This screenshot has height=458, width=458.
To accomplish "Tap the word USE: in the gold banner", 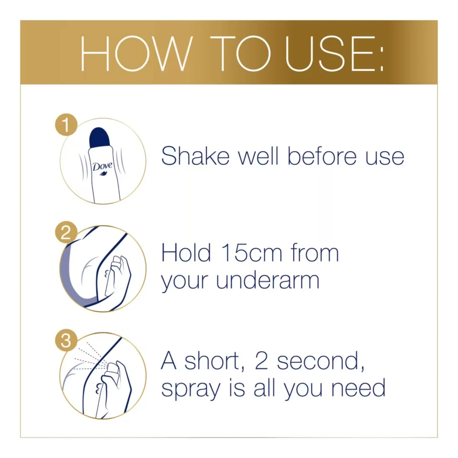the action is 334,54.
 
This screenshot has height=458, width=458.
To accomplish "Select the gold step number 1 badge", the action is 66,125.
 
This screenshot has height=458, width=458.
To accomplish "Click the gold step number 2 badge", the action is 66,232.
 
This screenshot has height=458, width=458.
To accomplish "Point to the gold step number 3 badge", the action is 66,341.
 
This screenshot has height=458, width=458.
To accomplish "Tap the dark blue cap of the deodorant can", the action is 100,137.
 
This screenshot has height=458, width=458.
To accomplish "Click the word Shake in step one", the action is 195,156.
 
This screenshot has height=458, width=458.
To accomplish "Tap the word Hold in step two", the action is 186,253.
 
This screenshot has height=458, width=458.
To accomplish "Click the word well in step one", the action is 258,156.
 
